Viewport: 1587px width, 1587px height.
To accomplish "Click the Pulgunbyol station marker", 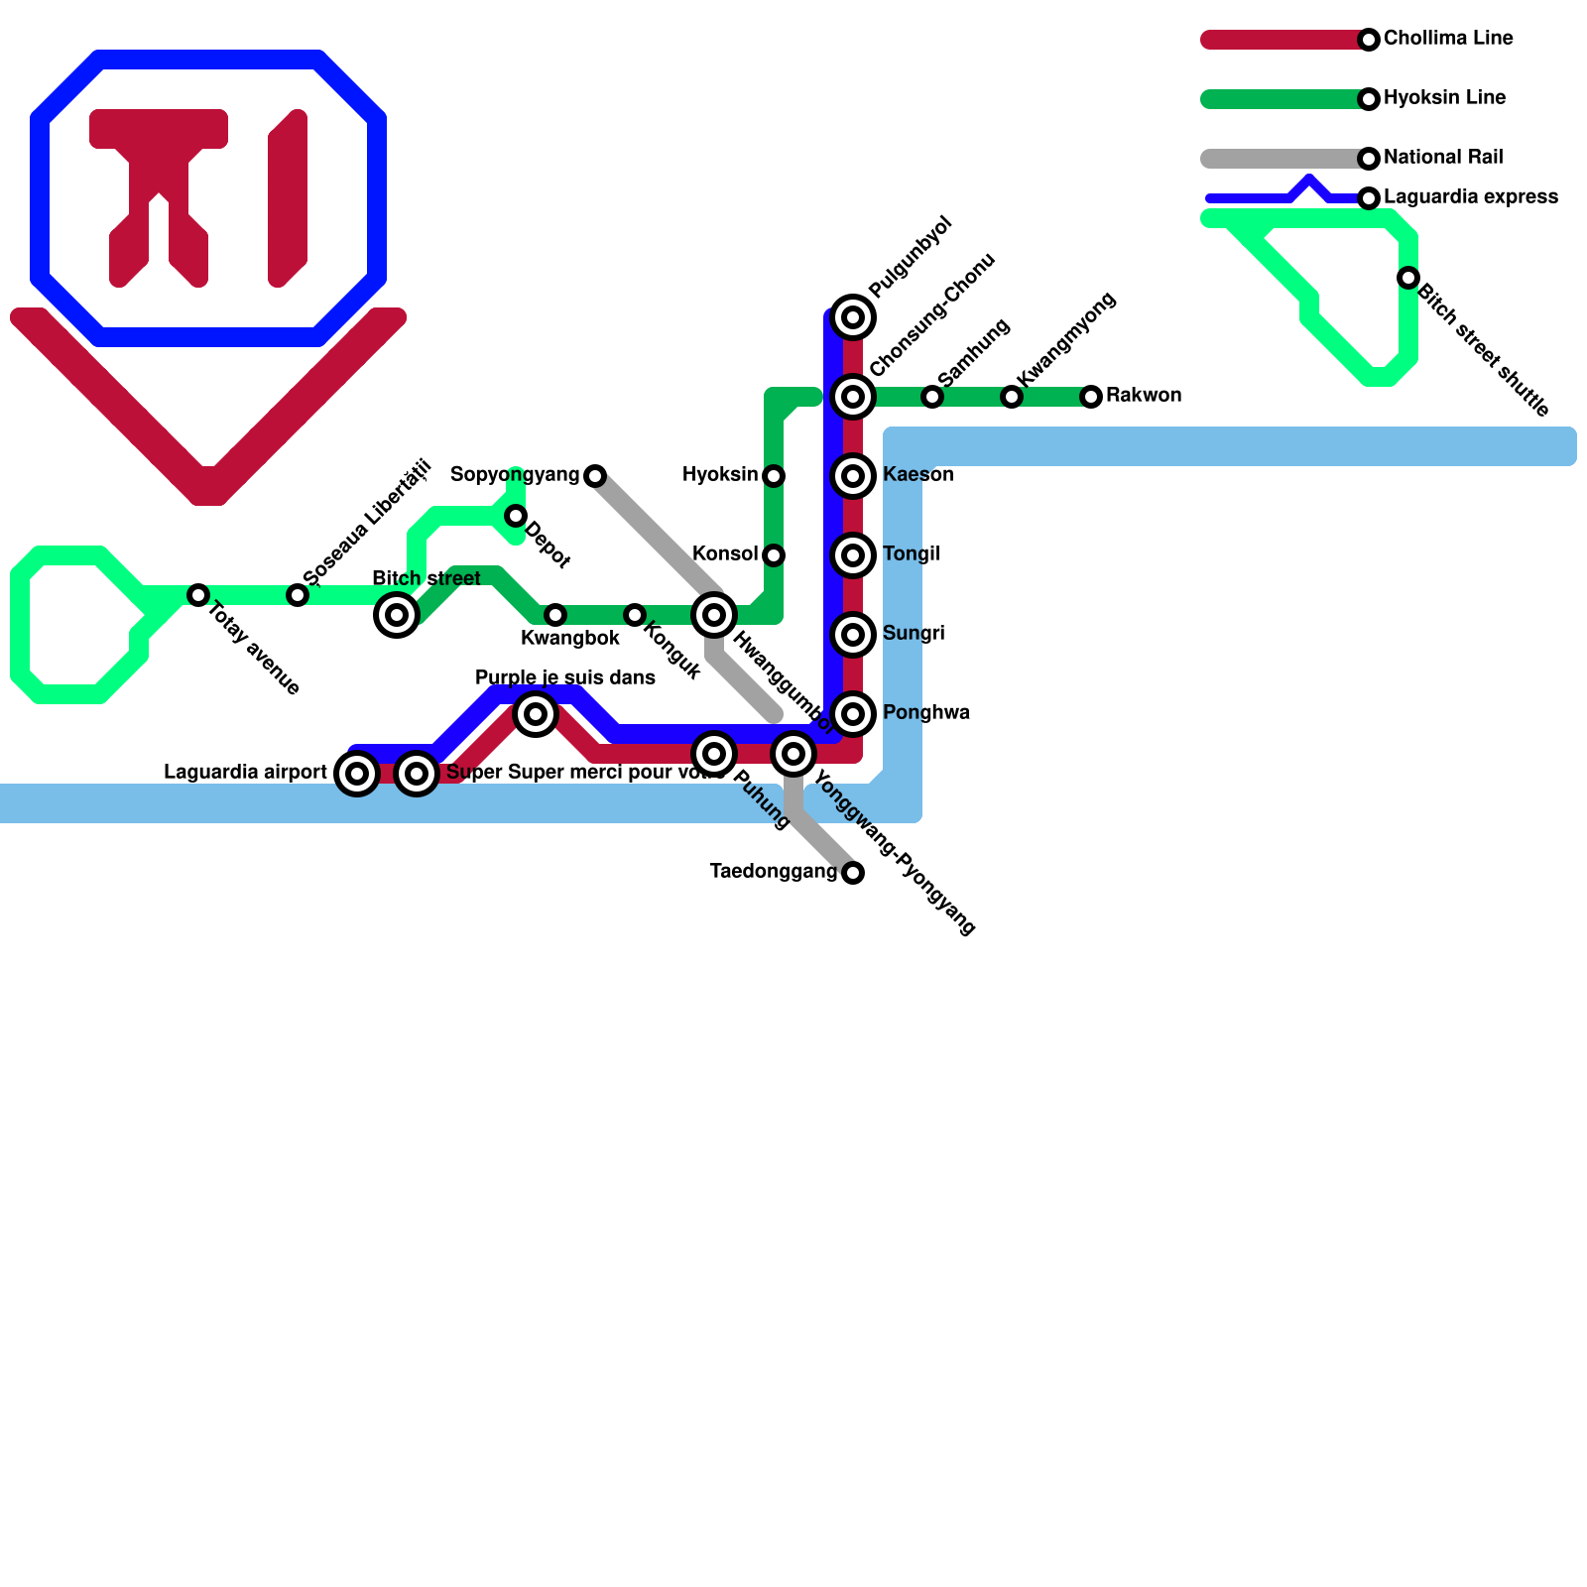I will [x=853, y=317].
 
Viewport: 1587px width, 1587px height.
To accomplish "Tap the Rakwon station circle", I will [x=1091, y=397].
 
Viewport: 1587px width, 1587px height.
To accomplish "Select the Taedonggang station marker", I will [x=853, y=873].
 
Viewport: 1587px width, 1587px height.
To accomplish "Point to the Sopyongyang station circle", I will [x=595, y=476].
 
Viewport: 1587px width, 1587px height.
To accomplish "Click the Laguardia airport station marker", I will [x=357, y=774].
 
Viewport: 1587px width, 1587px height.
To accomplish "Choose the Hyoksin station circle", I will [x=774, y=476].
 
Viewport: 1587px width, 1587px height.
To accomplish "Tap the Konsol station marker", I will [x=774, y=555].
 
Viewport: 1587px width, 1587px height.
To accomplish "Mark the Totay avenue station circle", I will [x=198, y=595].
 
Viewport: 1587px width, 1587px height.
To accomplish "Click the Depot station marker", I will [x=516, y=516].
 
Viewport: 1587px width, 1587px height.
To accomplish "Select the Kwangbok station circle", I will [x=555, y=615].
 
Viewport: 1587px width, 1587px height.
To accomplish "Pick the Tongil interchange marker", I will [x=853, y=555].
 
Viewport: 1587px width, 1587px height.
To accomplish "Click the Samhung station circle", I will [x=932, y=397].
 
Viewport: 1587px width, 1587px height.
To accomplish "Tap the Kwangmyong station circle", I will [x=1012, y=397].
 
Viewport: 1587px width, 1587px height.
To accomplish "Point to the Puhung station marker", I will [x=714, y=754].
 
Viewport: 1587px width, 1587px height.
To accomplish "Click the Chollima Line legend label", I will [x=1447, y=39].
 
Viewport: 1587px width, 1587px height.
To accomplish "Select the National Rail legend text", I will [x=1442, y=158].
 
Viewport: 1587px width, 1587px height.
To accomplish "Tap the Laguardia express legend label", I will [x=1470, y=197].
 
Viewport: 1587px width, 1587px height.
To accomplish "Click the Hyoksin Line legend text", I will [x=1444, y=98].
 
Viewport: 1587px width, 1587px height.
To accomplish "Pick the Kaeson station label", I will [x=917, y=475].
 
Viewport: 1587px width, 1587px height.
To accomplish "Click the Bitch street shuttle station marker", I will [x=1408, y=278].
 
